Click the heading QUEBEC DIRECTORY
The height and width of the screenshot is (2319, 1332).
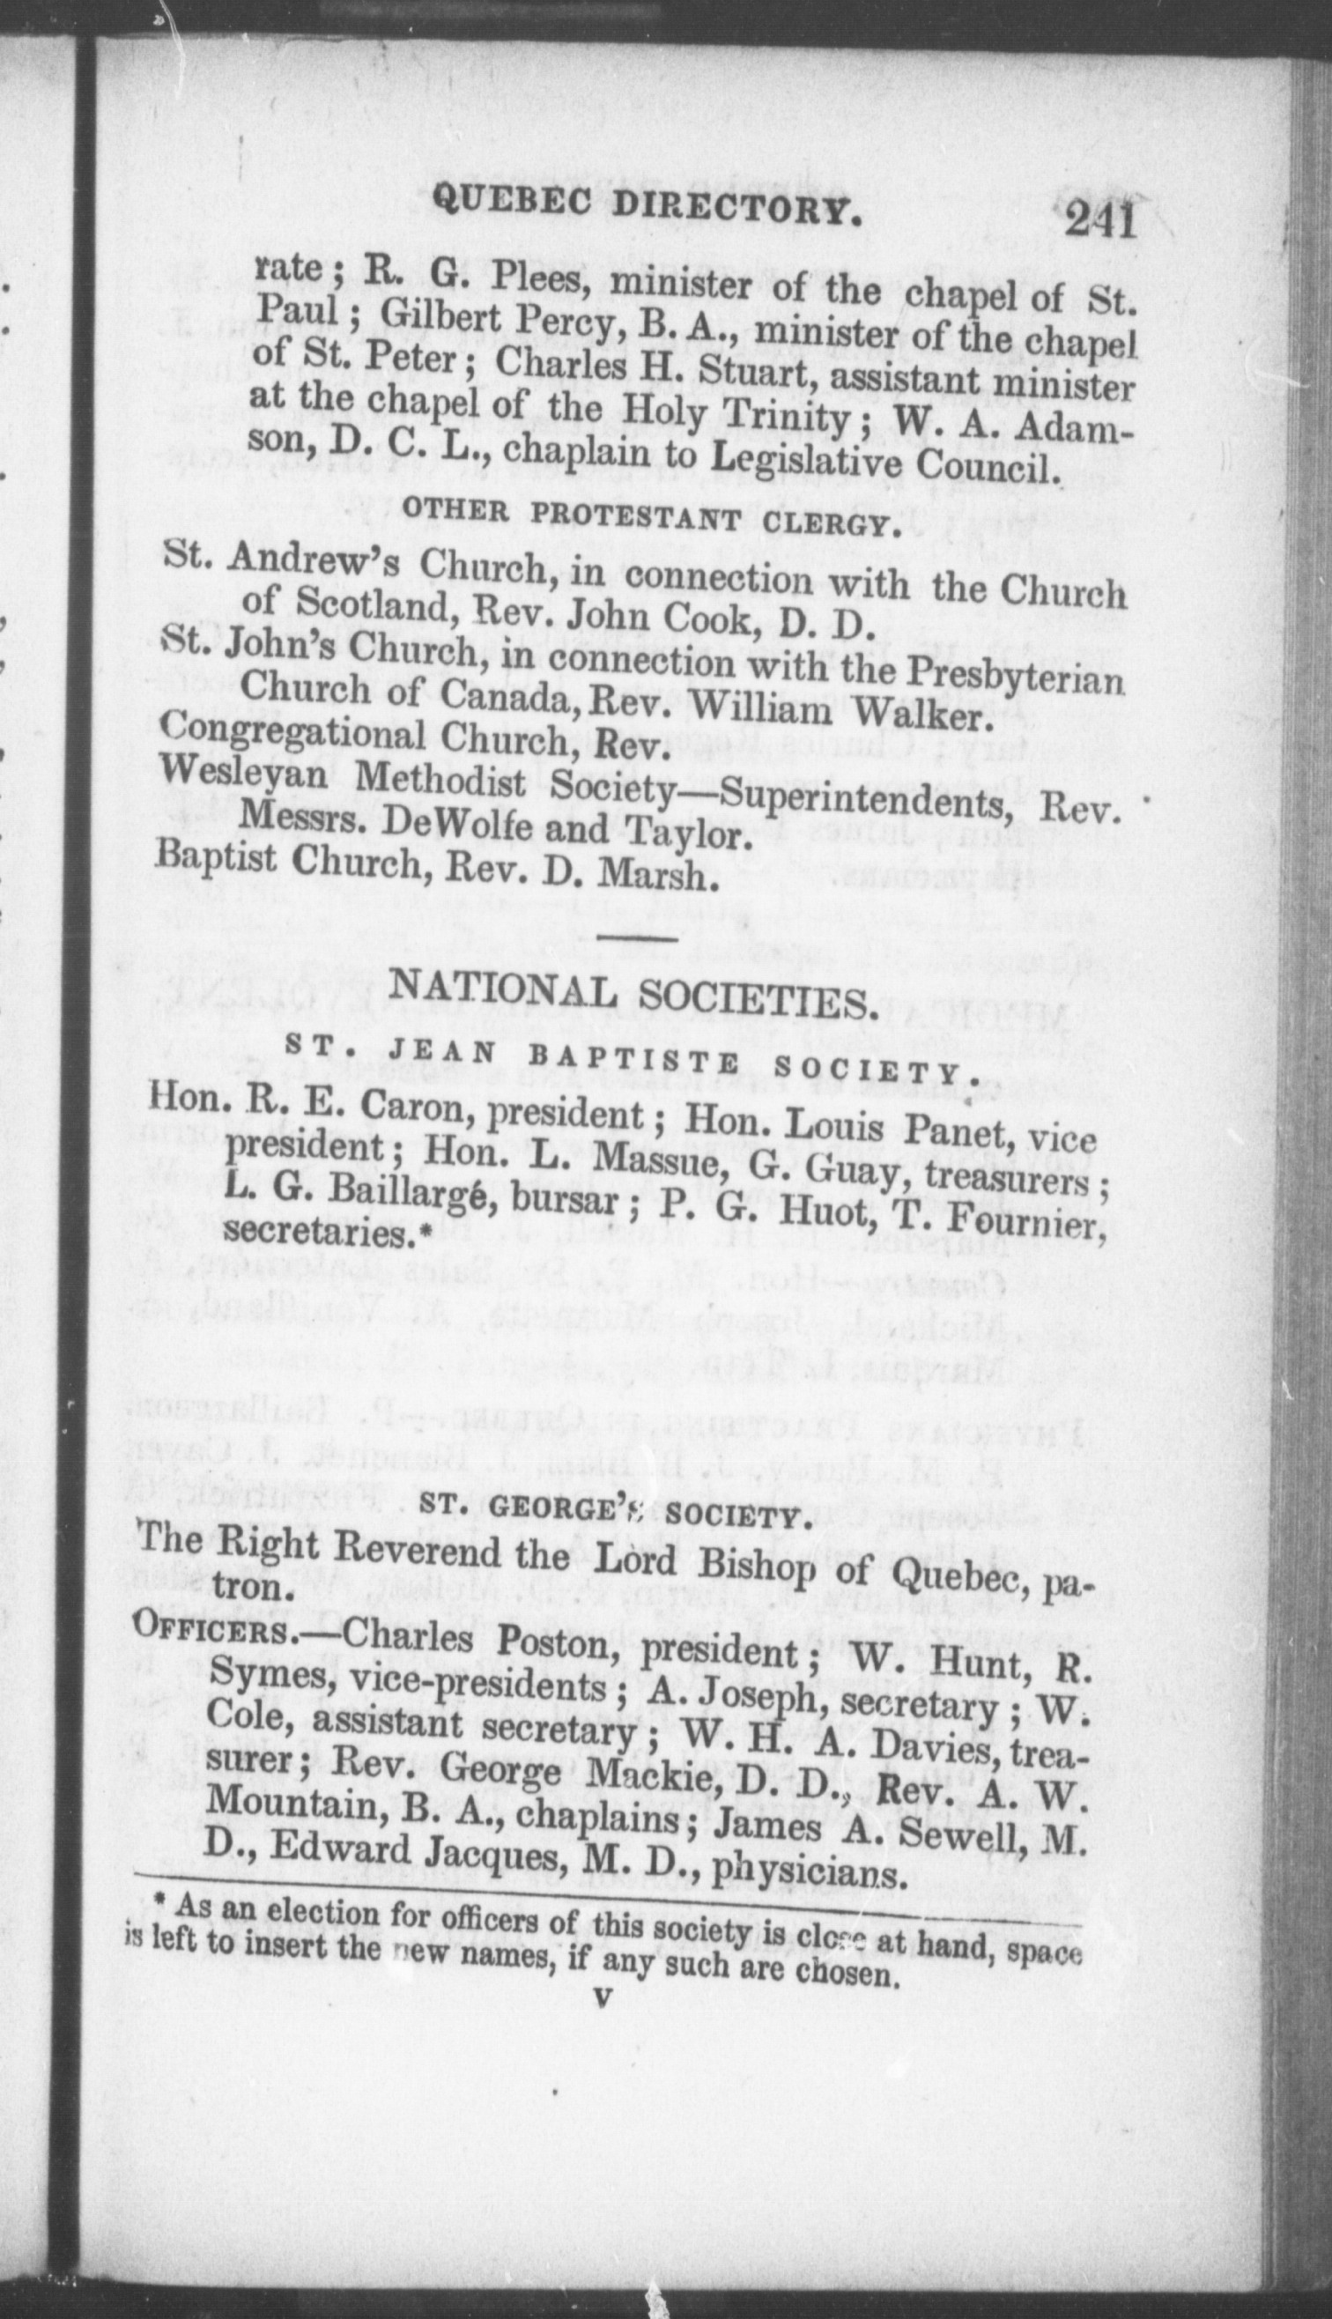[x=647, y=209]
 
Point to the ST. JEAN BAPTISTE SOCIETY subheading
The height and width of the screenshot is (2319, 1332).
[x=632, y=1062]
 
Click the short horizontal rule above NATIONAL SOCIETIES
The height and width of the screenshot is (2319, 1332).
[x=639, y=938]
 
